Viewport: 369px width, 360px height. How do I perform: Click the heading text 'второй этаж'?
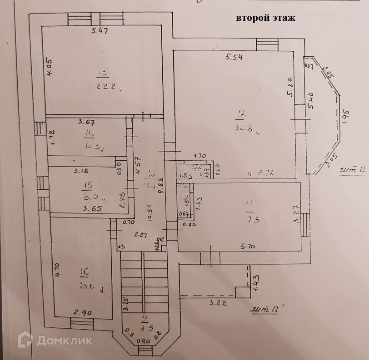[266, 18]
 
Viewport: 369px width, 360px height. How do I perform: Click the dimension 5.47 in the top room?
[100, 31]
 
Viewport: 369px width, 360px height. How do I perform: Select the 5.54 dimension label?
[235, 57]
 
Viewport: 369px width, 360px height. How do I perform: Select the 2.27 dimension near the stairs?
[141, 235]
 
